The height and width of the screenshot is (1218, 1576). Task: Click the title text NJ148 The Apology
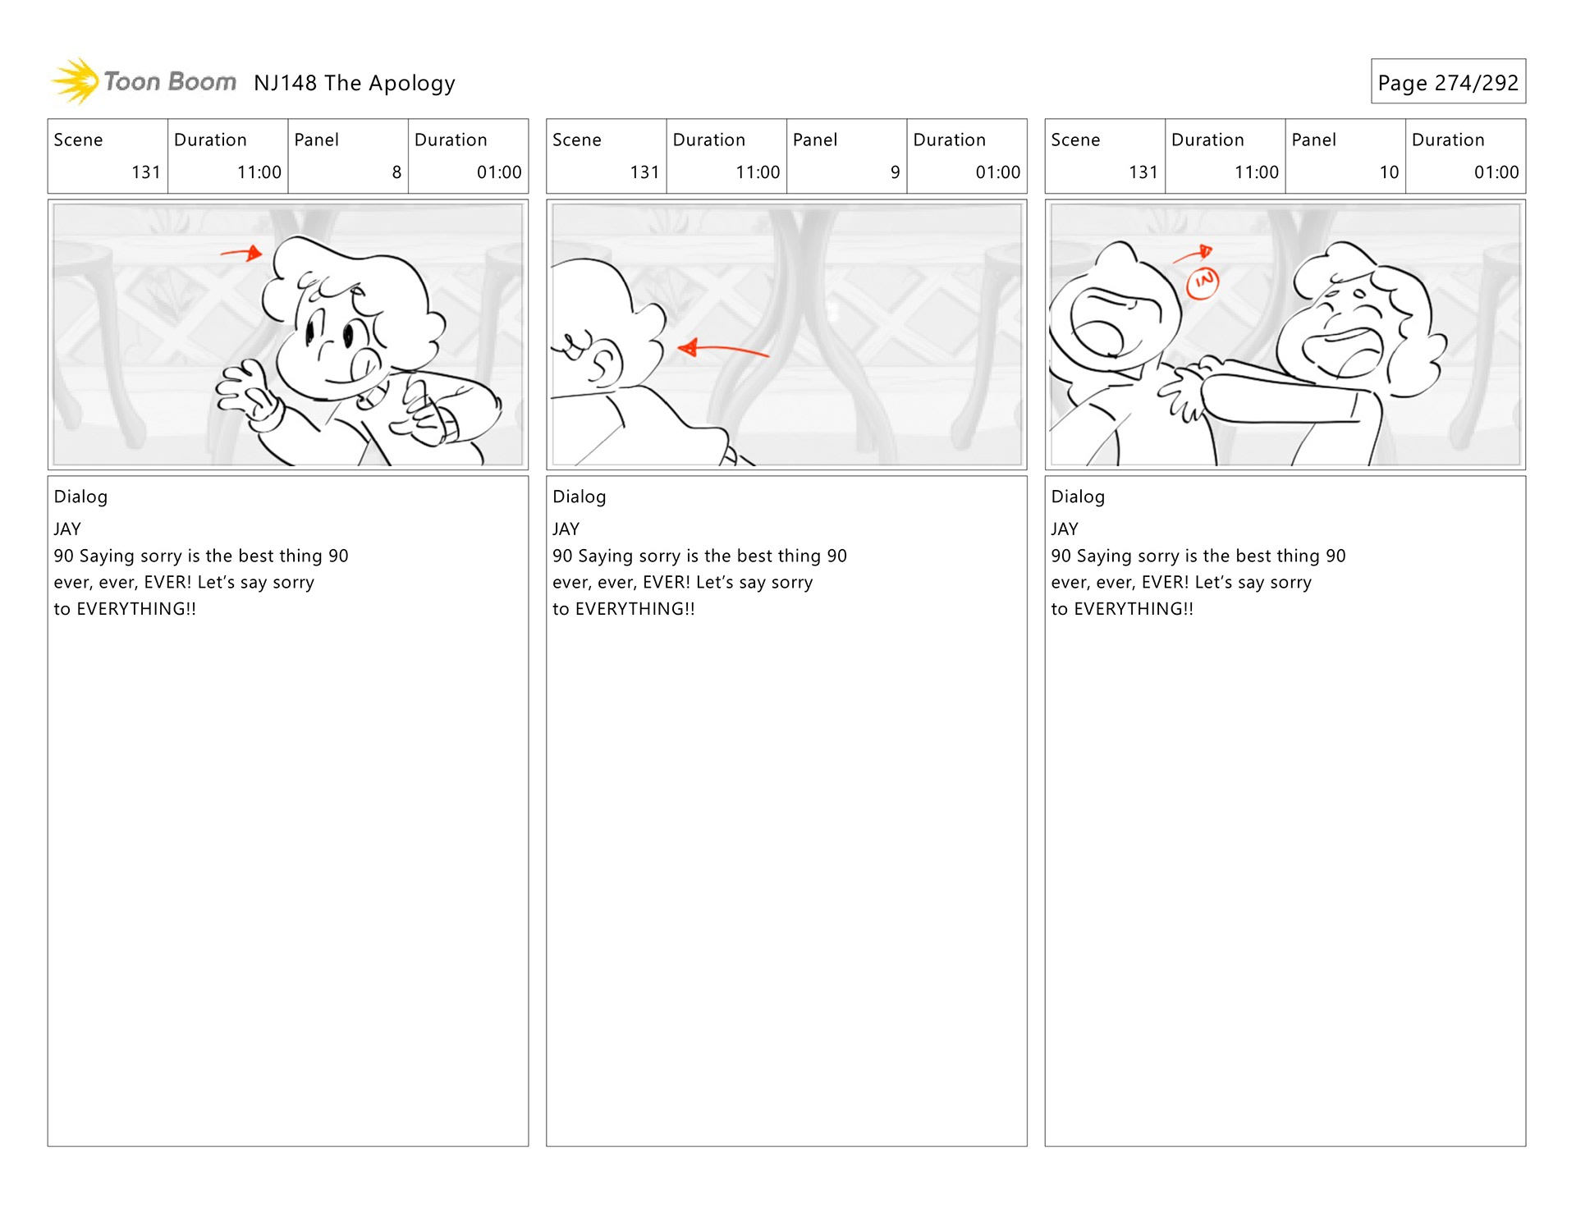pyautogui.click(x=355, y=83)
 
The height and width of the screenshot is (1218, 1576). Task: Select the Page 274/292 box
pyautogui.click(x=1448, y=81)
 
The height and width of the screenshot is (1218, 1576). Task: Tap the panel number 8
pyautogui.click(x=396, y=172)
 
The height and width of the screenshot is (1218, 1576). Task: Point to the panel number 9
pyautogui.click(x=896, y=172)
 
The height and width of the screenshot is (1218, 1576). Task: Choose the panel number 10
pyautogui.click(x=1389, y=172)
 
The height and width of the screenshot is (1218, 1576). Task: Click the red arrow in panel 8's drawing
pyautogui.click(x=241, y=253)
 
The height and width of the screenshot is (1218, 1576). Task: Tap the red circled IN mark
pyautogui.click(x=1203, y=282)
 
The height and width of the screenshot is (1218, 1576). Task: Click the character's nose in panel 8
pyautogui.click(x=366, y=364)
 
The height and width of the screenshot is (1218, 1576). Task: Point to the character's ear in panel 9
pyautogui.click(x=605, y=364)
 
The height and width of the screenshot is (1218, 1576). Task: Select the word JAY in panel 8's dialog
pyautogui.click(x=67, y=529)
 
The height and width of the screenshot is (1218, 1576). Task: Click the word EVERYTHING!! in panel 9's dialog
pyautogui.click(x=635, y=609)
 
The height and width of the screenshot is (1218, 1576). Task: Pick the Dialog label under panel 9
pyautogui.click(x=579, y=497)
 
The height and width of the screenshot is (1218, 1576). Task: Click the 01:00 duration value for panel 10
pyautogui.click(x=1496, y=172)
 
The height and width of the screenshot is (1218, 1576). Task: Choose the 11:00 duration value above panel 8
pyautogui.click(x=259, y=172)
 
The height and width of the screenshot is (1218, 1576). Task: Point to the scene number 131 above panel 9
pyautogui.click(x=644, y=172)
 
